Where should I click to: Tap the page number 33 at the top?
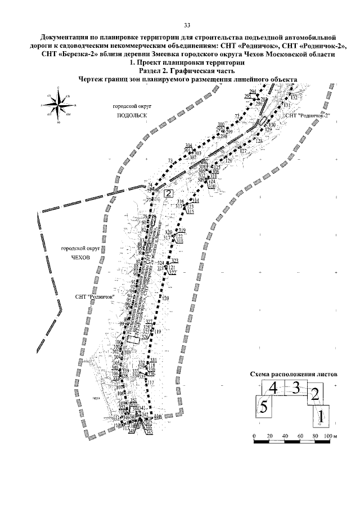(187, 25)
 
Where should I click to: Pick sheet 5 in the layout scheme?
(263, 406)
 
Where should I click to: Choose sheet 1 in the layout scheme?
(320, 417)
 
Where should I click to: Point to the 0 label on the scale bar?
(254, 436)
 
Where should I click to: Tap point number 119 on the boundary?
(158, 332)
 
